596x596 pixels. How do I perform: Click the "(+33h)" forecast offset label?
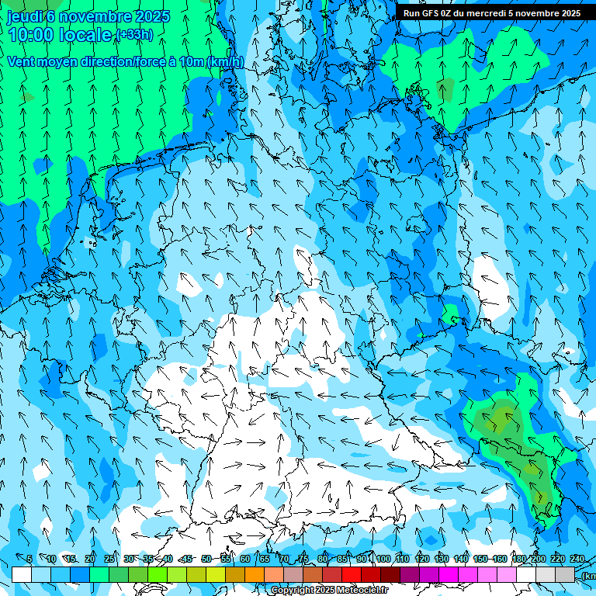[x=134, y=34]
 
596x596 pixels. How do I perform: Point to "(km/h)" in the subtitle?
[x=225, y=61]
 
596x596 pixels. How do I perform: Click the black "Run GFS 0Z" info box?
[x=491, y=13]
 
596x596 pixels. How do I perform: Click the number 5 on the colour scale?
[x=29, y=559]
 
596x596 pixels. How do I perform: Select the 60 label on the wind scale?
[x=244, y=559]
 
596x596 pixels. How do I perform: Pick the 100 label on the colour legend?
[x=383, y=559]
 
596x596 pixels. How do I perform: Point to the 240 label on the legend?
[x=577, y=559]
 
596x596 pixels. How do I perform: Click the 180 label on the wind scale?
[x=518, y=559]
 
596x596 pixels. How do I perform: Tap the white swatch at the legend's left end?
[x=22, y=574]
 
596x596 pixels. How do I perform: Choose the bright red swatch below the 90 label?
[x=352, y=574]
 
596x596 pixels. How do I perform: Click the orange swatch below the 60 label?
[x=255, y=574]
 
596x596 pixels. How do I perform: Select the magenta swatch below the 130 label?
[x=449, y=574]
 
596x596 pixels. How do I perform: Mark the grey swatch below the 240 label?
[x=565, y=574]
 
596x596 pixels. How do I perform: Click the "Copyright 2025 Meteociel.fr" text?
[x=329, y=591]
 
